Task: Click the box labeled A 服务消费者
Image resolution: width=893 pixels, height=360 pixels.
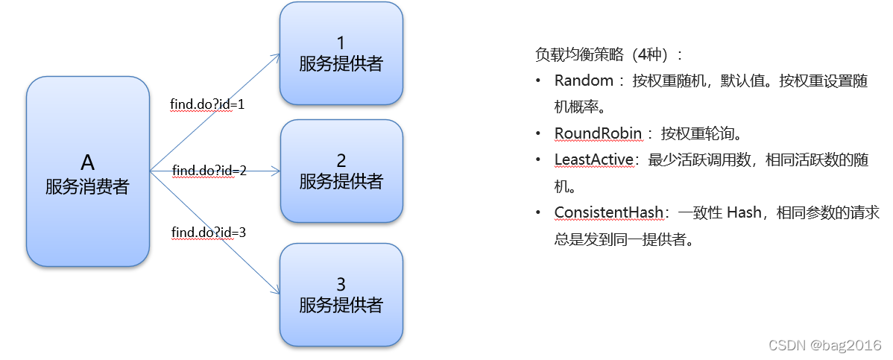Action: (88, 171)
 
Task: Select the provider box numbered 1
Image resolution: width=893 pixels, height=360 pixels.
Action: (341, 53)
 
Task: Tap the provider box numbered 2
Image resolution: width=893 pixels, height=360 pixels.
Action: (341, 171)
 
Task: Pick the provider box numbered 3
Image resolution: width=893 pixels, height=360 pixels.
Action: (341, 294)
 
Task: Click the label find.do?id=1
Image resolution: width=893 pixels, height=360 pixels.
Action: (208, 104)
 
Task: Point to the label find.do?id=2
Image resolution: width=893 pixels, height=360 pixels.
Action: (209, 171)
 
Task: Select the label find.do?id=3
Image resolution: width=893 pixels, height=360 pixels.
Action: (209, 233)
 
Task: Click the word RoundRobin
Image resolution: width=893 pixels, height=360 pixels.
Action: (598, 133)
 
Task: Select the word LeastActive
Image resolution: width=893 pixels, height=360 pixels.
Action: (594, 160)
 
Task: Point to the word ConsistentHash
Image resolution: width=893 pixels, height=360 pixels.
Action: (608, 212)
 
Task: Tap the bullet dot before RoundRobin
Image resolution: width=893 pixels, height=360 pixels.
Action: (538, 133)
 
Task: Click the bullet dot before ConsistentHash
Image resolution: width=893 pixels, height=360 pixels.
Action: (538, 212)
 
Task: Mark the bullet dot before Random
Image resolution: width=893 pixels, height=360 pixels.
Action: (538, 81)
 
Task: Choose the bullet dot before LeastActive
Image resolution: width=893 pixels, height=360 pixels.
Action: (538, 160)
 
